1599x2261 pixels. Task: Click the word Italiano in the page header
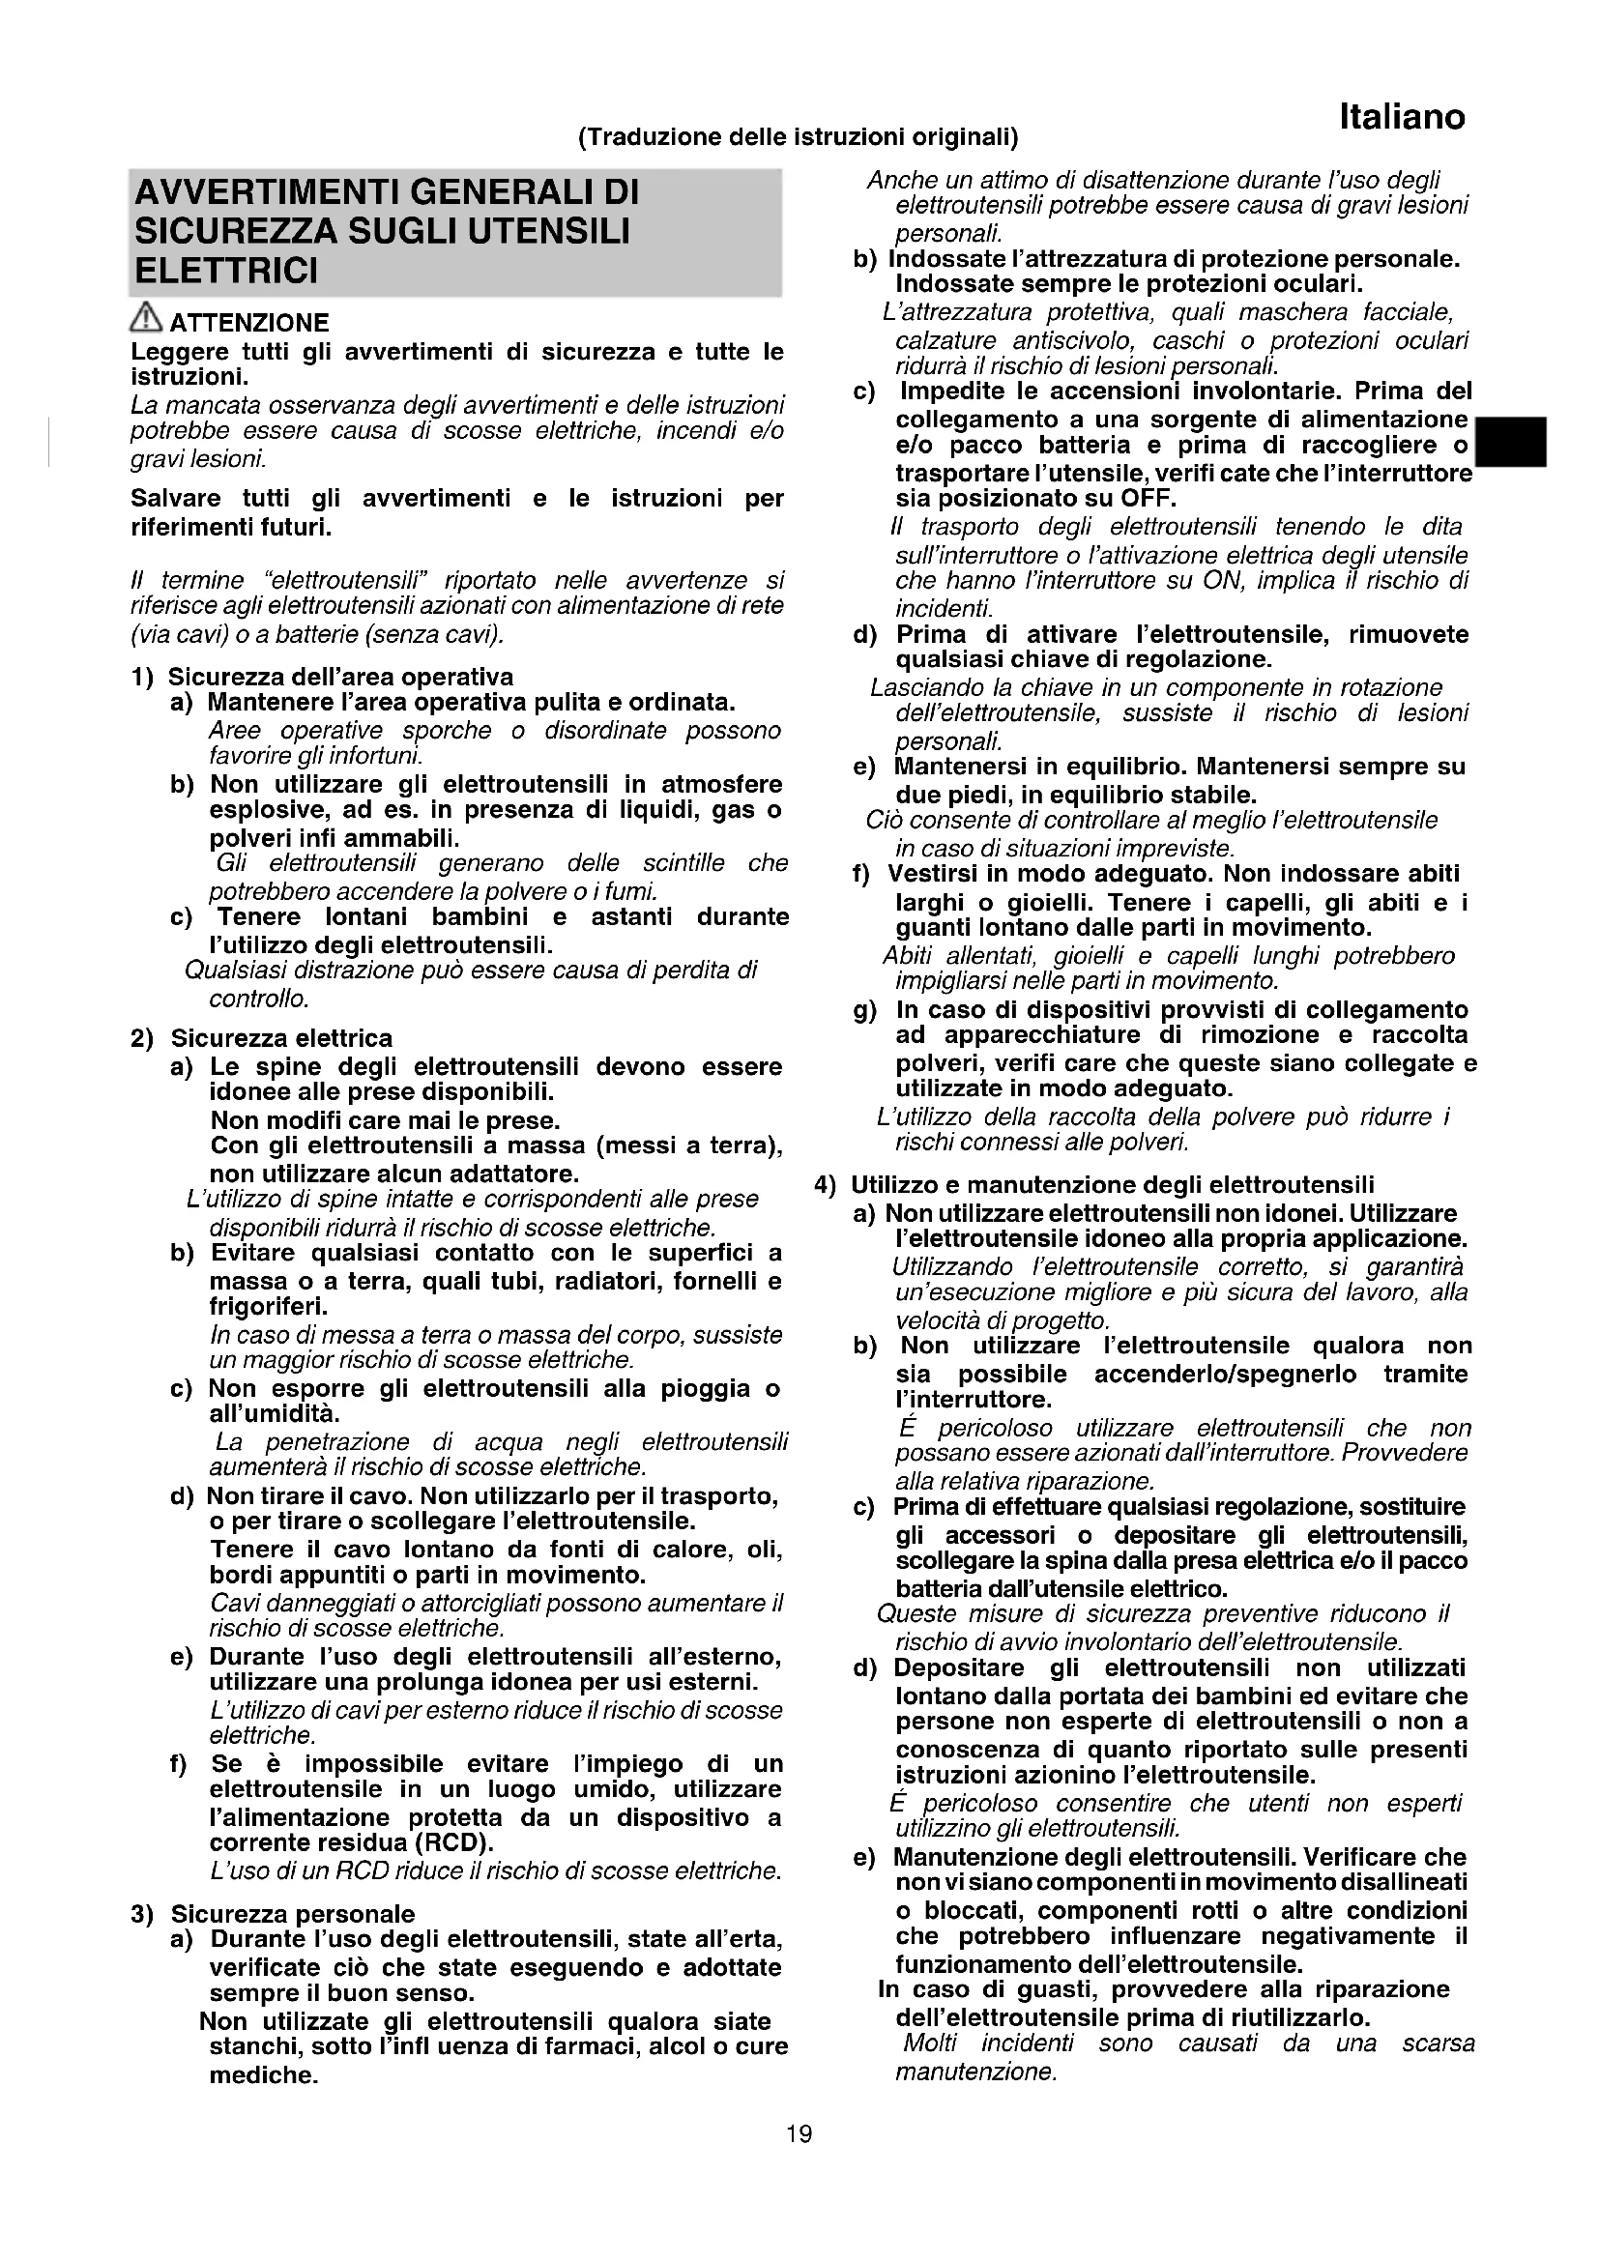coord(1401,117)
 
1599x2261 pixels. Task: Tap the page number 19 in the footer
coord(799,2134)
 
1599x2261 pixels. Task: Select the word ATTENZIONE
coord(250,323)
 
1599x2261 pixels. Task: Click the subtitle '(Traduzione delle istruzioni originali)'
coord(799,136)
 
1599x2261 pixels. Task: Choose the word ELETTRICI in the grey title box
coord(226,270)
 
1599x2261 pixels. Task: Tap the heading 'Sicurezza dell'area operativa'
coord(339,677)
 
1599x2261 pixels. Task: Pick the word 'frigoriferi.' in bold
coord(255,1307)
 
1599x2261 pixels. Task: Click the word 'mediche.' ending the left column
coord(263,2075)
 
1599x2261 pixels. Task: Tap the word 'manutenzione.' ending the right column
coord(975,2072)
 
